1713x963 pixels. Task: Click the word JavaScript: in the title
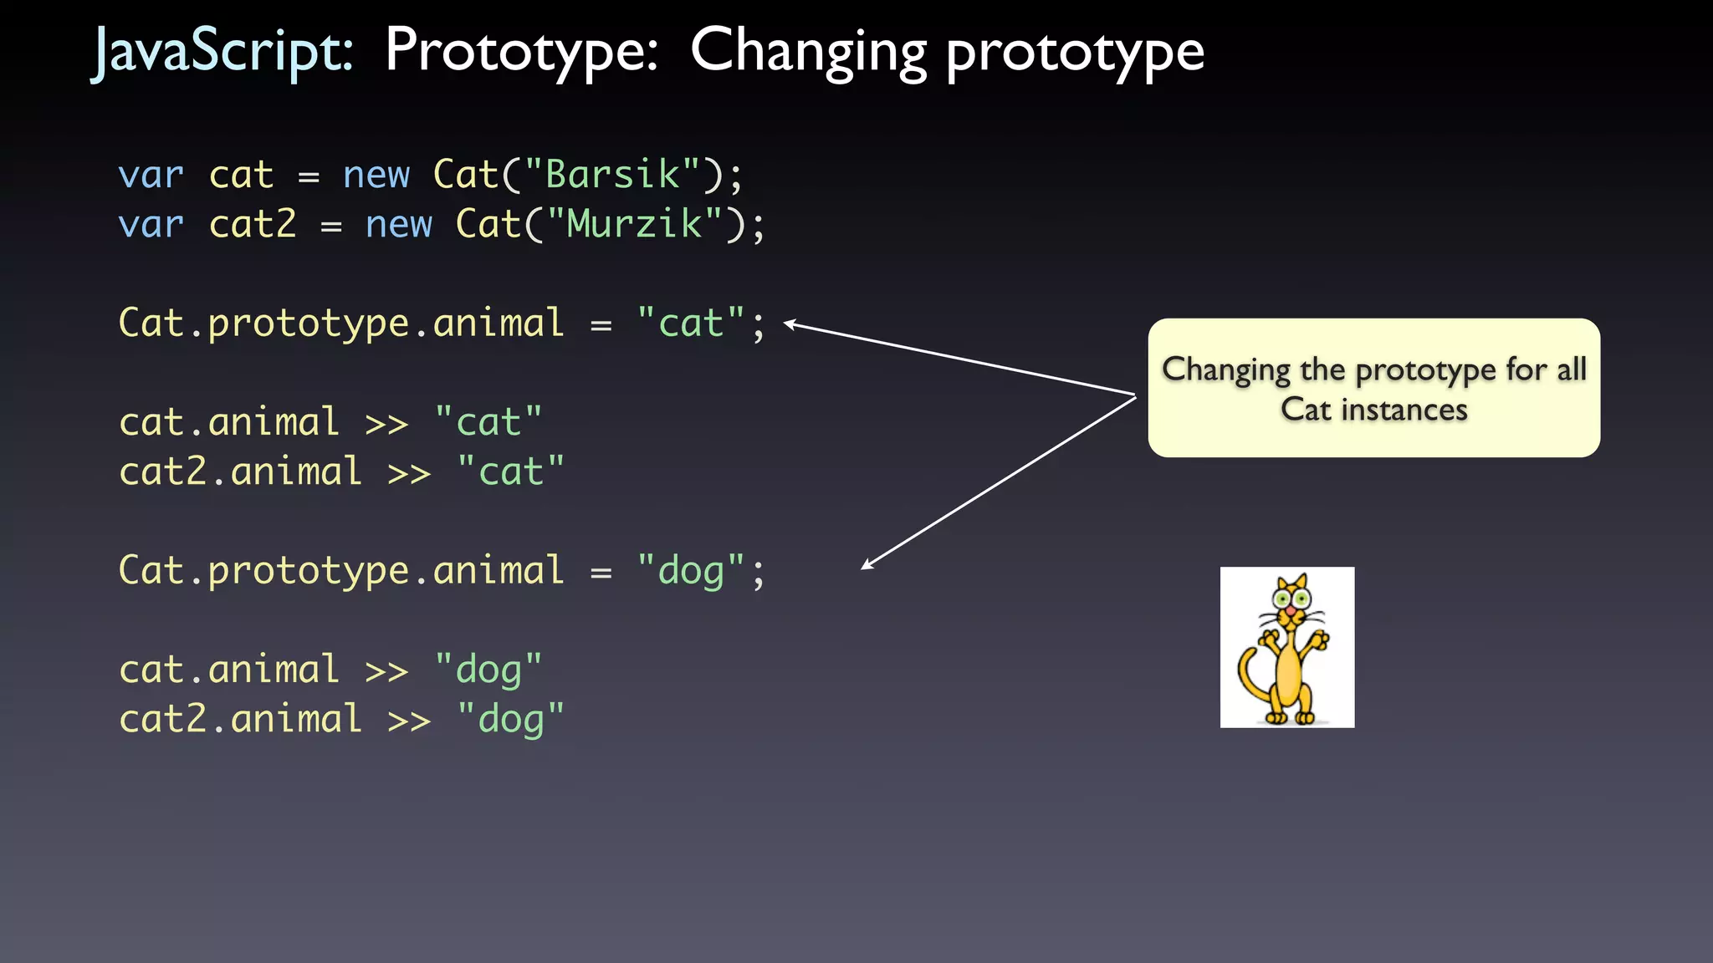pos(222,52)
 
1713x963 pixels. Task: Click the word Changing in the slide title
pos(807,52)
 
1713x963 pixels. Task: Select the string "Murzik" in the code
pos(633,225)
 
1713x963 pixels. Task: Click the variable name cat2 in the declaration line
pos(253,225)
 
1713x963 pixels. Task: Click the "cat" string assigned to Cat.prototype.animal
pos(690,324)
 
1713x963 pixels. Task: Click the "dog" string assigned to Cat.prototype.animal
pos(690,572)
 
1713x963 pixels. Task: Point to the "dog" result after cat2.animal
pos(510,720)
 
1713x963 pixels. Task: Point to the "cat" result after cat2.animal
pos(510,472)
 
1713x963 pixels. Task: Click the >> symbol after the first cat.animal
pos(386,424)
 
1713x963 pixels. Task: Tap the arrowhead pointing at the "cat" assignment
pos(788,324)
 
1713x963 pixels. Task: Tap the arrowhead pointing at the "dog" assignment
pos(867,566)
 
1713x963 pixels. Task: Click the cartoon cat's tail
pos(1247,676)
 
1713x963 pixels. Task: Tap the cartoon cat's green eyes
pos(1291,597)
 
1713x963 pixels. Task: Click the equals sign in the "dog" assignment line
pos(601,573)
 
